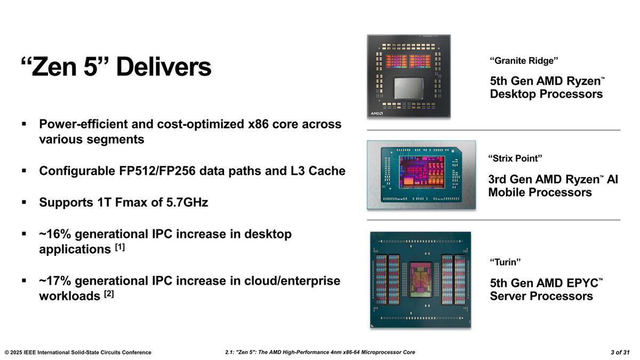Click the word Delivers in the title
(164, 67)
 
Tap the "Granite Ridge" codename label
(524, 61)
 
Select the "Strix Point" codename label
(515, 158)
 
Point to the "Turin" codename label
(505, 262)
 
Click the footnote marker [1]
(119, 247)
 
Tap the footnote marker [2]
(109, 294)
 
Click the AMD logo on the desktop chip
(377, 114)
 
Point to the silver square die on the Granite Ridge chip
(409, 89)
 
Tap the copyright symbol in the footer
(6, 353)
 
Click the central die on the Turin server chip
(420, 279)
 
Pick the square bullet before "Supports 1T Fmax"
(24, 202)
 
